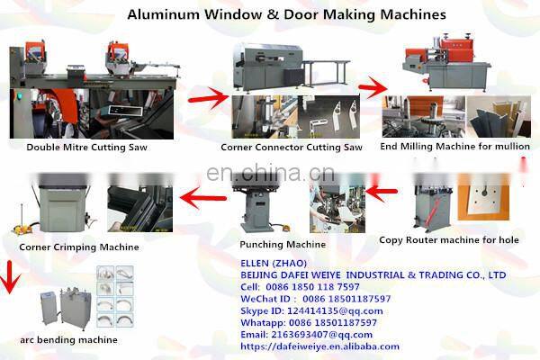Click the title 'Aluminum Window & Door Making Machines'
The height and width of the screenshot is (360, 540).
(x=274, y=14)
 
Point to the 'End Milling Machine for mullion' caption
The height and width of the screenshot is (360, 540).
(x=454, y=145)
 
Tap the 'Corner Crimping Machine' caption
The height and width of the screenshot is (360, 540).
(x=79, y=247)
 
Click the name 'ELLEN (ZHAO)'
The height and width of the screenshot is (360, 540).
(x=270, y=262)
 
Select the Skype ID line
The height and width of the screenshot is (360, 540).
(x=311, y=310)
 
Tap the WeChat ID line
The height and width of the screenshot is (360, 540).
(x=315, y=298)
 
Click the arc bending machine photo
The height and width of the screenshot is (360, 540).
(x=68, y=306)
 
